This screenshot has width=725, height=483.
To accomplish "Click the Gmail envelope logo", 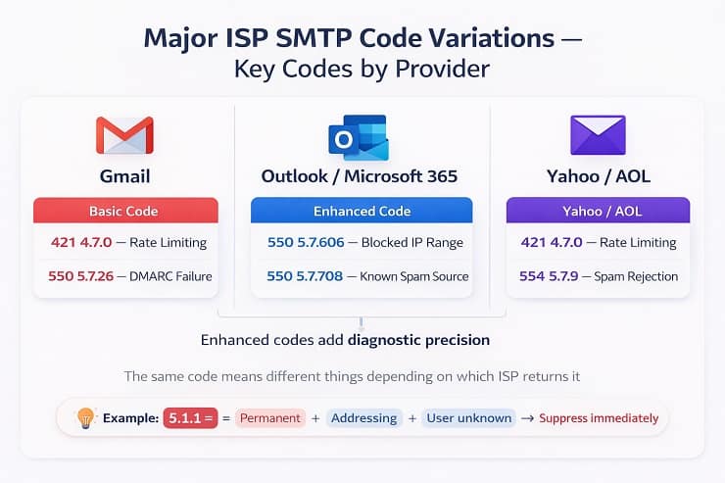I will click(x=124, y=135).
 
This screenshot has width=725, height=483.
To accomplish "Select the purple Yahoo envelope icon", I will click(x=598, y=135).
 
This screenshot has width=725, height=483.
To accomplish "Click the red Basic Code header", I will click(x=123, y=211).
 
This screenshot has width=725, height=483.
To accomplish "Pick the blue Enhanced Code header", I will click(x=362, y=211).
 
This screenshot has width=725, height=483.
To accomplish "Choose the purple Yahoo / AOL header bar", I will click(x=598, y=211).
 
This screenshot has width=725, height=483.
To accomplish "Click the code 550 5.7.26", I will click(x=81, y=276).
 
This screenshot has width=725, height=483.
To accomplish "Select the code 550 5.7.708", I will click(x=305, y=276).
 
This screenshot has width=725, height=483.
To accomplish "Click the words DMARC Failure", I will click(x=169, y=276).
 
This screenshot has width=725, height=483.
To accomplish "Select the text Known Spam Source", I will click(x=415, y=276).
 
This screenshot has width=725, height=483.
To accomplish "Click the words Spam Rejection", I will click(x=642, y=276).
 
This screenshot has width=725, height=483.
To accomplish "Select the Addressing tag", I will click(x=363, y=418).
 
